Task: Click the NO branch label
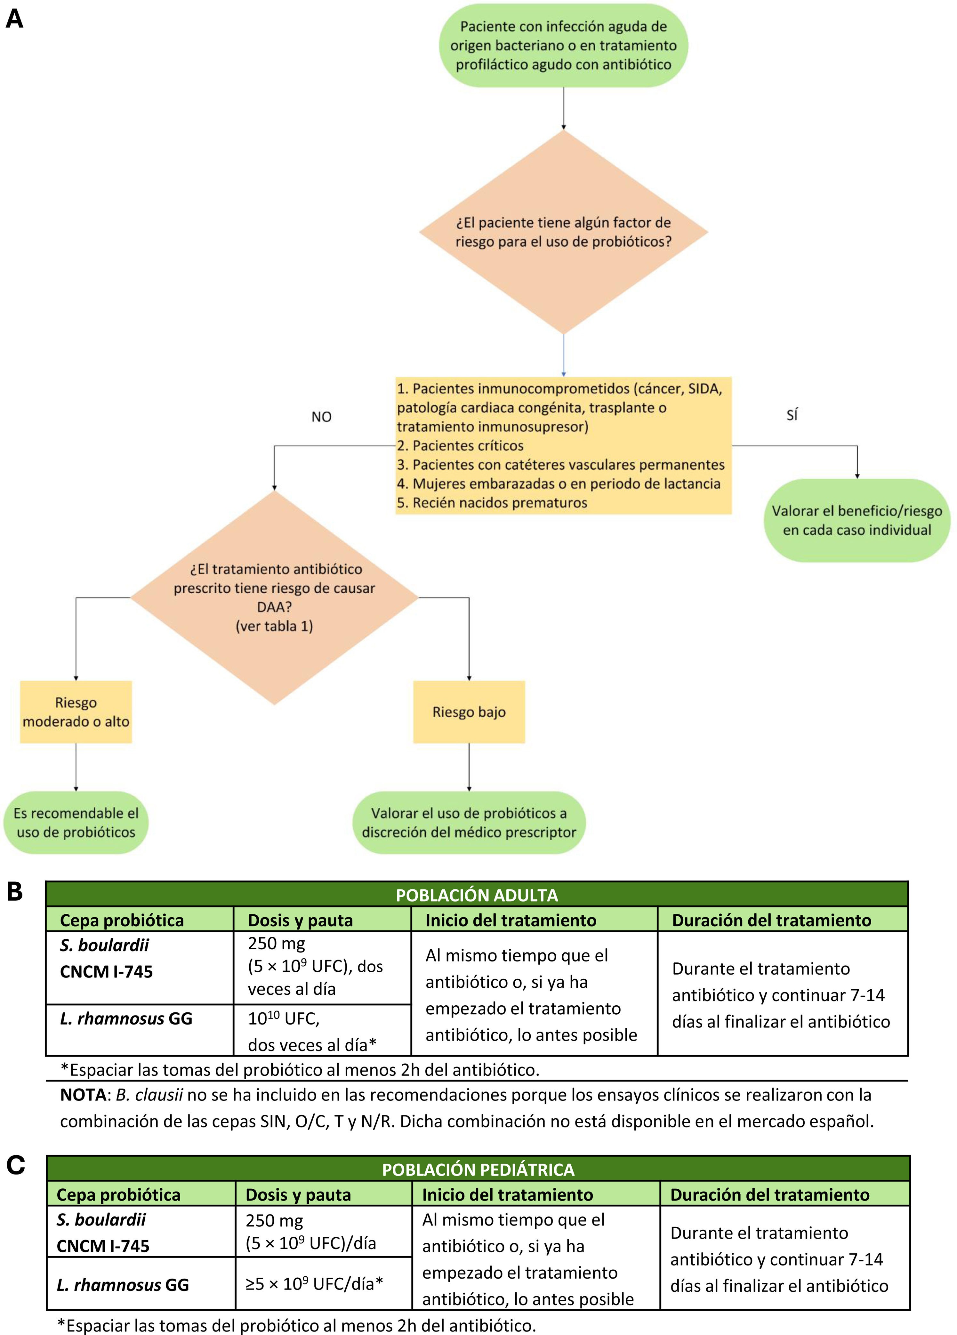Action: [x=321, y=417]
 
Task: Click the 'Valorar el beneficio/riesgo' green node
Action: [x=857, y=520]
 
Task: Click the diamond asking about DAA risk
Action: [x=274, y=597]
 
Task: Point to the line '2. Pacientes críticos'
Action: [x=460, y=446]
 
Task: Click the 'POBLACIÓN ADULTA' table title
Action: [x=477, y=895]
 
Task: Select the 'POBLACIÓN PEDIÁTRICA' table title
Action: [x=478, y=1170]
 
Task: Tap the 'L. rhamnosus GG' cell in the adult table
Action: [x=126, y=1018]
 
